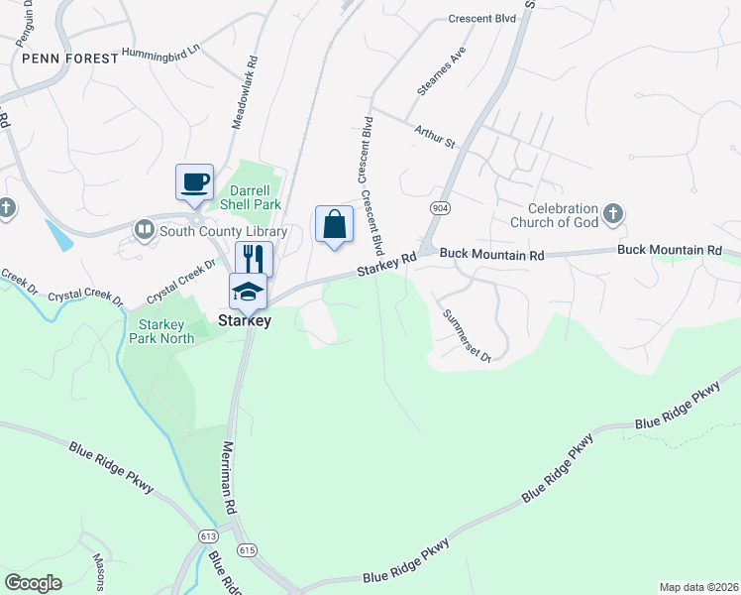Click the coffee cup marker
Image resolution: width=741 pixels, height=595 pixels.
(x=194, y=182)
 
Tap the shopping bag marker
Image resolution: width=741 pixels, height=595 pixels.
(x=335, y=224)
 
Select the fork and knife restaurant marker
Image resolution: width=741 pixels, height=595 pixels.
(x=254, y=260)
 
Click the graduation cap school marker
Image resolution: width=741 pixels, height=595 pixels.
(x=248, y=292)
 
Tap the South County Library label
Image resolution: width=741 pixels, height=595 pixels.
(x=223, y=232)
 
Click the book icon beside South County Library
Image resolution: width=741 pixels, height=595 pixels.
(x=145, y=231)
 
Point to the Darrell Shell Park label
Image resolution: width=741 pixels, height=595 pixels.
(x=257, y=197)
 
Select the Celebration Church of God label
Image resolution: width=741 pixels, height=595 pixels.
(x=563, y=215)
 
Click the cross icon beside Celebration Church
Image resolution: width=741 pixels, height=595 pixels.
(x=613, y=212)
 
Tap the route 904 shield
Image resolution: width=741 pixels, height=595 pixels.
(x=440, y=208)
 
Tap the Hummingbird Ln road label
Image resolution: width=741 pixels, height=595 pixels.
(x=160, y=50)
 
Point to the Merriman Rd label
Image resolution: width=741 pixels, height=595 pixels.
(x=230, y=477)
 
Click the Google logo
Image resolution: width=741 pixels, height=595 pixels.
(x=33, y=582)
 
